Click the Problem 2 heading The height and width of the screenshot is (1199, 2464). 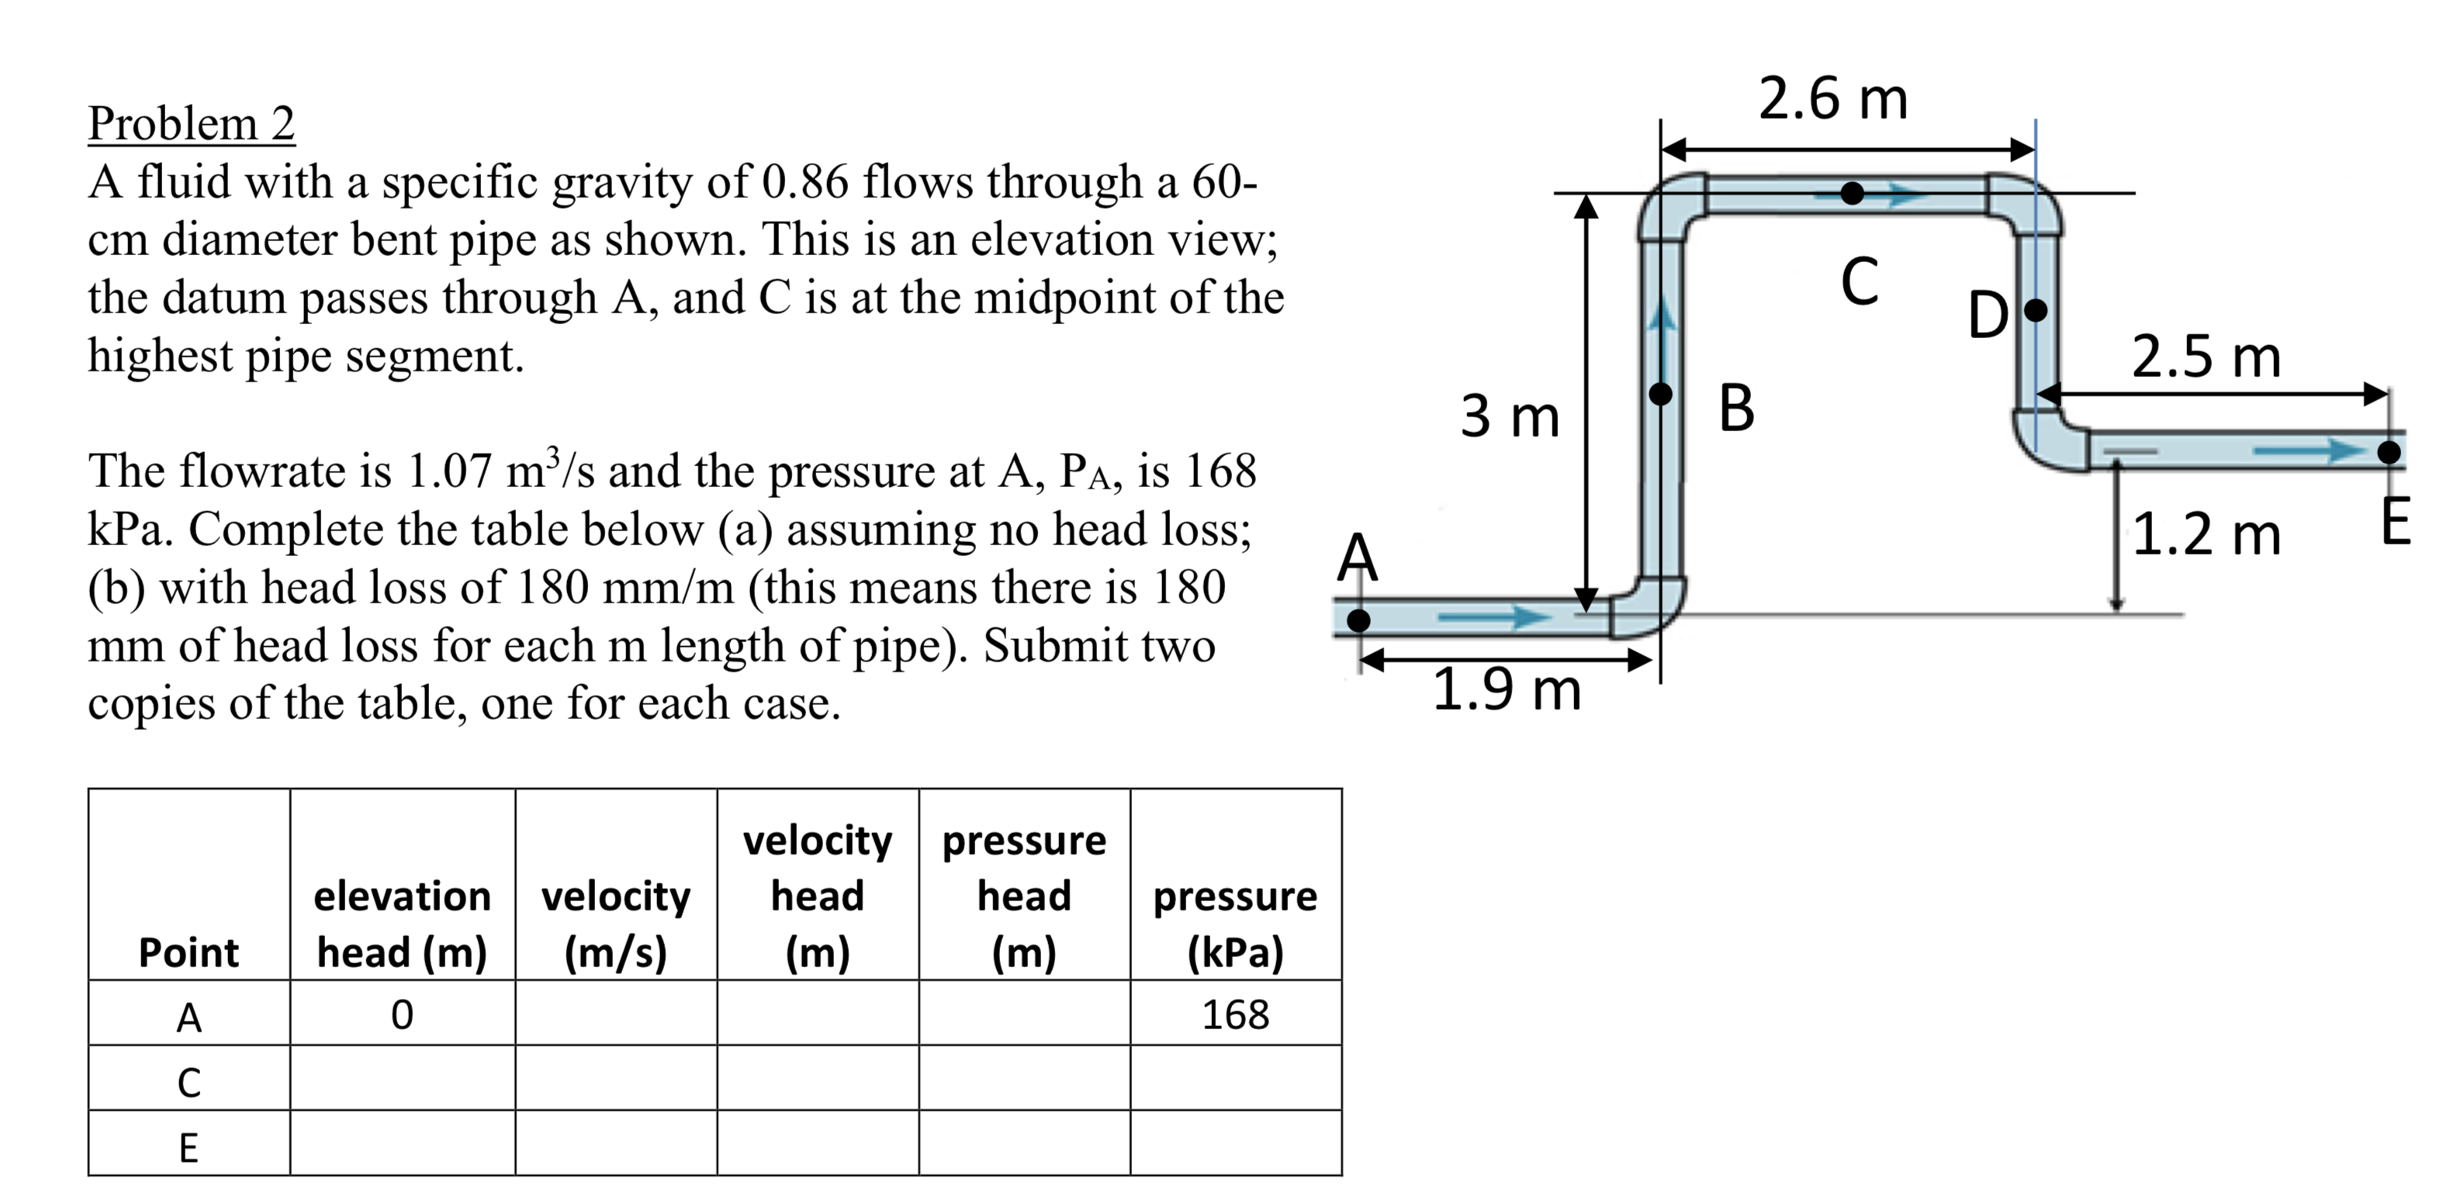point(192,123)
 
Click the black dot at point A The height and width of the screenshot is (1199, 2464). point(1358,620)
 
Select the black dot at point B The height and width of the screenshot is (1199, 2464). point(1662,393)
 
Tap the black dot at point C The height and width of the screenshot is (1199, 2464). point(1853,193)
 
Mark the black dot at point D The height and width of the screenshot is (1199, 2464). point(2037,309)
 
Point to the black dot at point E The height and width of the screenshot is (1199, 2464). point(2390,451)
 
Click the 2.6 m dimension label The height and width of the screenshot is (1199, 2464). point(1832,98)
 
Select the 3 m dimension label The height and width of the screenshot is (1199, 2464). point(1510,416)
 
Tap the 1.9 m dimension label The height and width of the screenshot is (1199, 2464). point(1507,689)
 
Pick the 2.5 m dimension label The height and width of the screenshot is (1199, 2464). point(2206,358)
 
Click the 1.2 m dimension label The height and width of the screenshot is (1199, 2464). point(2206,534)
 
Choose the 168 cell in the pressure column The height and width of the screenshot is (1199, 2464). point(1235,1014)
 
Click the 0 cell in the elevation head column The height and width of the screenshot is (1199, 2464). point(402,1014)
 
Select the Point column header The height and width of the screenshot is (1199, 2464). point(189,952)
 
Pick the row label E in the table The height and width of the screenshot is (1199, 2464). point(189,1146)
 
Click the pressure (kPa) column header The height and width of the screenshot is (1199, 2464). point(1235,924)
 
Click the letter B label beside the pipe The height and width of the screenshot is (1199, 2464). point(1736,408)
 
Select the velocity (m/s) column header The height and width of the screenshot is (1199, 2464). point(616,924)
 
